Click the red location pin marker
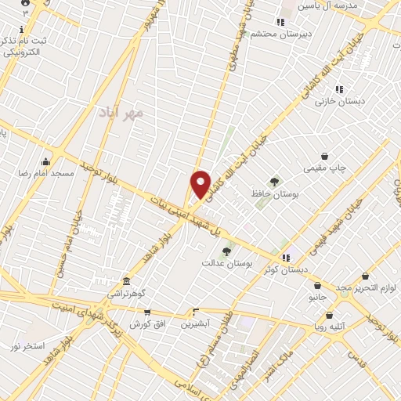tap(201, 184)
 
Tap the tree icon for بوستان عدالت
tap(226, 251)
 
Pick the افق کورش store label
tap(146, 323)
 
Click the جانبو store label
tap(317, 298)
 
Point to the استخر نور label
tap(30, 345)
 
